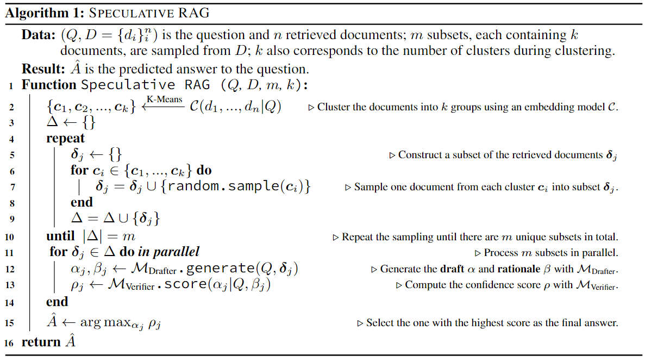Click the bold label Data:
coord(38,35)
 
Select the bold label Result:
coord(41,70)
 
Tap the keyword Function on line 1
coord(49,85)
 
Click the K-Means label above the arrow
coord(164,99)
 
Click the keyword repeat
coord(66,139)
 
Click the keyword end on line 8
coord(82,202)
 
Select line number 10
coord(9,238)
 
